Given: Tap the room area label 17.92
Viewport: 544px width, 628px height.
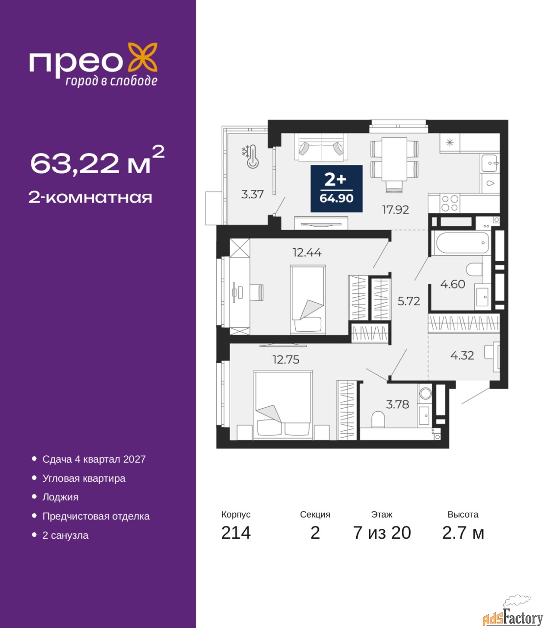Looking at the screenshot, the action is pyautogui.click(x=395, y=209).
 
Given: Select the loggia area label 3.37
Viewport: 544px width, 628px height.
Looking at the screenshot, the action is pyautogui.click(x=253, y=194).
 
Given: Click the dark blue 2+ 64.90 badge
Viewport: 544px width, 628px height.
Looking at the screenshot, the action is pyautogui.click(x=336, y=189).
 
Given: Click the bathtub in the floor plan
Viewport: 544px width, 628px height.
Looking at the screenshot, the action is pyautogui.click(x=462, y=243).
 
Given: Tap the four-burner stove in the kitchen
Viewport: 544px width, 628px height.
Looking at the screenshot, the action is pyautogui.click(x=450, y=203).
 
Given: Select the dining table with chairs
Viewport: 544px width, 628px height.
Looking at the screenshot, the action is pyautogui.click(x=394, y=163).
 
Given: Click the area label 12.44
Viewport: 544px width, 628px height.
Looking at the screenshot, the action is pyautogui.click(x=307, y=253).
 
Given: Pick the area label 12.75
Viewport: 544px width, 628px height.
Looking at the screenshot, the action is pyautogui.click(x=286, y=360).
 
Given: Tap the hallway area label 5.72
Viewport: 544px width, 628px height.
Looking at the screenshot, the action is pyautogui.click(x=409, y=301).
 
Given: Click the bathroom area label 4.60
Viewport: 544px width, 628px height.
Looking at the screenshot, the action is pyautogui.click(x=453, y=284).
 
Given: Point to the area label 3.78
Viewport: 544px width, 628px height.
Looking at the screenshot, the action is pyautogui.click(x=398, y=404).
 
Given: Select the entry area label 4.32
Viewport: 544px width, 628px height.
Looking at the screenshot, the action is pyautogui.click(x=462, y=355).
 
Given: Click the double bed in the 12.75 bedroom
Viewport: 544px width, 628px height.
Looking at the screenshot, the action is pyautogui.click(x=283, y=404).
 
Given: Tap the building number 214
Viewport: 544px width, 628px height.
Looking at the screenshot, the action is pyautogui.click(x=236, y=533).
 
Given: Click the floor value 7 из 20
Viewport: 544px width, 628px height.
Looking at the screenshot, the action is pyautogui.click(x=382, y=533).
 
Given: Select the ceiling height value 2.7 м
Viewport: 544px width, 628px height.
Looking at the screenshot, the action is pyautogui.click(x=463, y=533).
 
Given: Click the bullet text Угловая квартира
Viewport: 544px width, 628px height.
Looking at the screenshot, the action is pyautogui.click(x=84, y=478).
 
